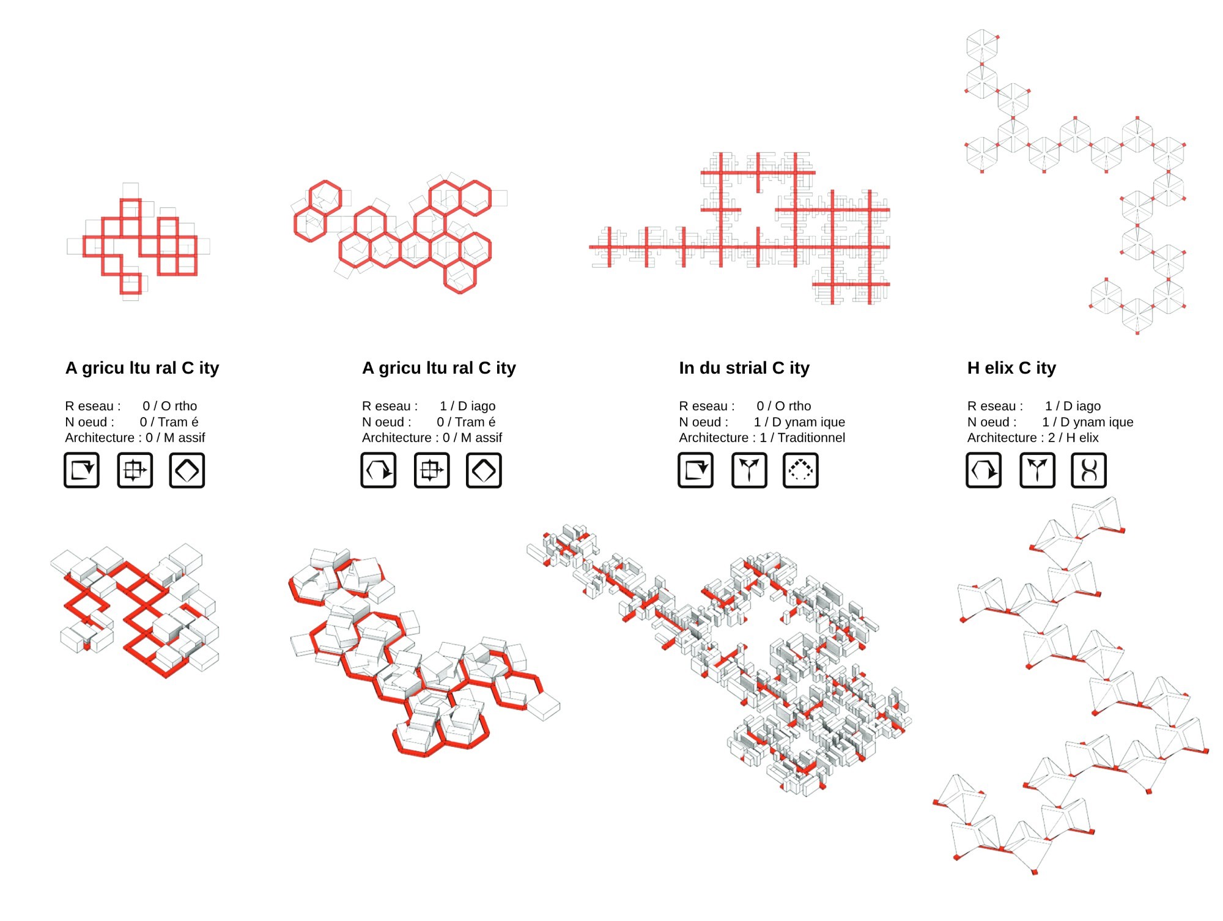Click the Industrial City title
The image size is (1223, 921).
click(744, 368)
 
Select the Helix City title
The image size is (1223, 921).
click(1011, 368)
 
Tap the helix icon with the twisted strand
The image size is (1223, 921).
click(1088, 470)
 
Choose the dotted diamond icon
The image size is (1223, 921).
click(800, 470)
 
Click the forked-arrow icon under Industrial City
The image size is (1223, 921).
click(749, 470)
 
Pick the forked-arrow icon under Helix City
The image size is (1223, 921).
click(1037, 470)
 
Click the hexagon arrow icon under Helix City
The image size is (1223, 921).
click(983, 470)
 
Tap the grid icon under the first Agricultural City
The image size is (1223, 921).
click(135, 470)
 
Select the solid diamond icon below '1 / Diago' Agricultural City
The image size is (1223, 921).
click(484, 470)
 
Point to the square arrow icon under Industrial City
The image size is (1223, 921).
click(695, 470)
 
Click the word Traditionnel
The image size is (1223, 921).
click(811, 438)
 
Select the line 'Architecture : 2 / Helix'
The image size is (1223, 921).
click(1033, 438)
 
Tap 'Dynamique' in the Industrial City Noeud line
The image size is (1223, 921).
click(808, 422)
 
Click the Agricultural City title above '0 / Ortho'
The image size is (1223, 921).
click(142, 368)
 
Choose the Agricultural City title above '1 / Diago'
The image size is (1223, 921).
click(438, 368)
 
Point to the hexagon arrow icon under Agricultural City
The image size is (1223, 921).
click(378, 470)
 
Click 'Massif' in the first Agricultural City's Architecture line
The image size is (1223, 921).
click(184, 438)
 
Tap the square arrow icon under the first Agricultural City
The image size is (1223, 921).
click(81, 470)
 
